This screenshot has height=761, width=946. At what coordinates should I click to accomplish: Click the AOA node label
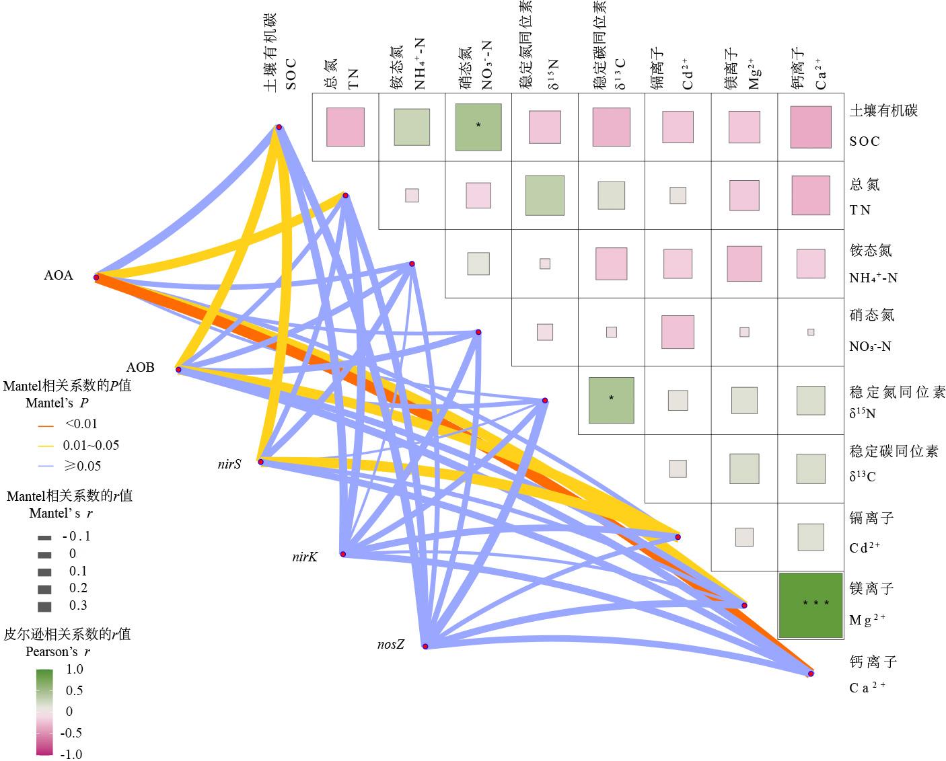pos(59,276)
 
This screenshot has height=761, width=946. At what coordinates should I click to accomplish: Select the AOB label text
pos(141,367)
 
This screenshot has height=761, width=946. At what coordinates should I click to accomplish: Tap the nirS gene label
pos(230,463)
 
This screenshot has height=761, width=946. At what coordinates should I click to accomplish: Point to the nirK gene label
pos(305,557)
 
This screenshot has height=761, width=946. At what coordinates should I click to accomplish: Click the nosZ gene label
pos(391,645)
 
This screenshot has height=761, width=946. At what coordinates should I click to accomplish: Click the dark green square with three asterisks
pos(811,605)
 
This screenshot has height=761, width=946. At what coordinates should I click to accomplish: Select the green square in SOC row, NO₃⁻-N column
pos(478,127)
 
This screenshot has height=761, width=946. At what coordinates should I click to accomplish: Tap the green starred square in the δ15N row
pos(611,400)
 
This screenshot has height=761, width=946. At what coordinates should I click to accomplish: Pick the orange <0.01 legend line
pos(45,425)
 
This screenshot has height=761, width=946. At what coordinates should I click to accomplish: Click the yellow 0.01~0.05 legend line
pos(45,446)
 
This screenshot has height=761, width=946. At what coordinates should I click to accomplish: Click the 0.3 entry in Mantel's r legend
pos(78,606)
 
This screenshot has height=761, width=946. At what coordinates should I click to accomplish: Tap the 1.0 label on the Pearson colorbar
pos(74,670)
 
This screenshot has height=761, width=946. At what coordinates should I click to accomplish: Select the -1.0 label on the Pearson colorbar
pos(71,754)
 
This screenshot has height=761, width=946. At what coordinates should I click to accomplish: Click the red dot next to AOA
pos(96,277)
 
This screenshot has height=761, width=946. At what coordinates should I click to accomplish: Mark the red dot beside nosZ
pos(425,646)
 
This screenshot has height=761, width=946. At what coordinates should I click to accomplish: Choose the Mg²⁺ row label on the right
pos(871,604)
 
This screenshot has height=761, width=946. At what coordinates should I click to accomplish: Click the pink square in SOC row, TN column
pos(345,127)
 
